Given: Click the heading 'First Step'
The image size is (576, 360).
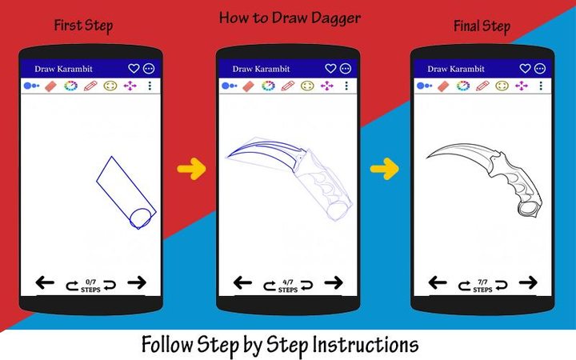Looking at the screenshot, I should point(83,26).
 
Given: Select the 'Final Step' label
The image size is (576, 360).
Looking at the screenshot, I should point(481,26).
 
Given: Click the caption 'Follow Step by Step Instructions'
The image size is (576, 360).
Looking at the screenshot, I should point(280,345).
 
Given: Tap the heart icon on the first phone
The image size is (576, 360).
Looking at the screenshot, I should point(134,69).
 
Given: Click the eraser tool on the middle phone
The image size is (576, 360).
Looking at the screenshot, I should point(247,86).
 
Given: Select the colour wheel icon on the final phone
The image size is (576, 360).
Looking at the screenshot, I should point(463,86).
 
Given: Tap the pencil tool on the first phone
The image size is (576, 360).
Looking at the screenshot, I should point(90,86).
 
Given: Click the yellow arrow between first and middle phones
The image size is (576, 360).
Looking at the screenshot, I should point(191,168).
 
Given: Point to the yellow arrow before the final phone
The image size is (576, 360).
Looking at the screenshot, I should point(385,168).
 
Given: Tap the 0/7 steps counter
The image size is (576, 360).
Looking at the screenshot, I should point(90,286).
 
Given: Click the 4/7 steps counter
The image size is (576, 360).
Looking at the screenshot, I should point(287,286).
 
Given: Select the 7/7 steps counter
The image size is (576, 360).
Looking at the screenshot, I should point(482,286).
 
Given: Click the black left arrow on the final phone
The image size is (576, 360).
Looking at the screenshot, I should point(438,282).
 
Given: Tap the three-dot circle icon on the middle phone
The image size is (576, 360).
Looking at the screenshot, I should point(346,69).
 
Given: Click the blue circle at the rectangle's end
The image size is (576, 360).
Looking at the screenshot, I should point(141,217).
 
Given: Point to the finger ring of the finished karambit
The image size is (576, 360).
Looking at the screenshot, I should point(528,208).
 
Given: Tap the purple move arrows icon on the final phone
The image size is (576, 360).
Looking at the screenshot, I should point(522,86).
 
